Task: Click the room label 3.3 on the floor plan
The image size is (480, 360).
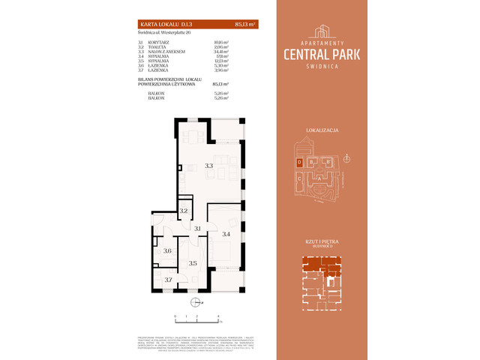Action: (x=209, y=166)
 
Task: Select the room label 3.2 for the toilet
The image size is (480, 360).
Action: (x=184, y=211)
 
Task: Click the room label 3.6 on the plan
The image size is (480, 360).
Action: (x=168, y=251)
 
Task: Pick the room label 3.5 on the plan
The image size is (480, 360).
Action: (x=193, y=263)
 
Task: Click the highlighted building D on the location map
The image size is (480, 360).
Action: (x=299, y=162)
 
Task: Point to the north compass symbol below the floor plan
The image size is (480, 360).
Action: (x=195, y=303)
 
